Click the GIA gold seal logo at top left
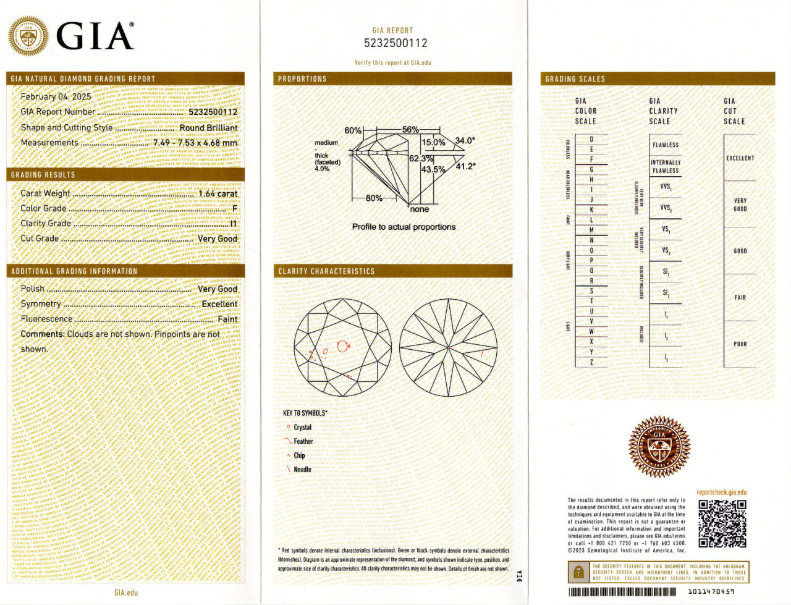pos(28,36)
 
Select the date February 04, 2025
pos(56,96)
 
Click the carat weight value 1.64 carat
pos(218,193)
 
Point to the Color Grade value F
pos(235,208)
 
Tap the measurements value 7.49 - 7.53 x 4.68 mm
pos(195,143)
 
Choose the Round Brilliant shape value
pos(208,128)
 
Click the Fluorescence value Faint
pos(227,319)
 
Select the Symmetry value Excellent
pos(219,304)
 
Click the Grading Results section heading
pos(43,175)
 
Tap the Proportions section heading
pos(302,79)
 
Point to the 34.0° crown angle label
pos(465,141)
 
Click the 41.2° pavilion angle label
pos(465,166)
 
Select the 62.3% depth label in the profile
pos(421,159)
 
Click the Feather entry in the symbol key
pos(303,441)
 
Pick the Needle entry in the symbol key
pos(302,470)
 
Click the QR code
pos(722,523)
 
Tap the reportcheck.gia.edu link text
pos(721,493)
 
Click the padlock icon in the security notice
pos(578,572)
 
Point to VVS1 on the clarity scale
pos(666,187)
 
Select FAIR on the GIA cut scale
pos(740,297)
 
